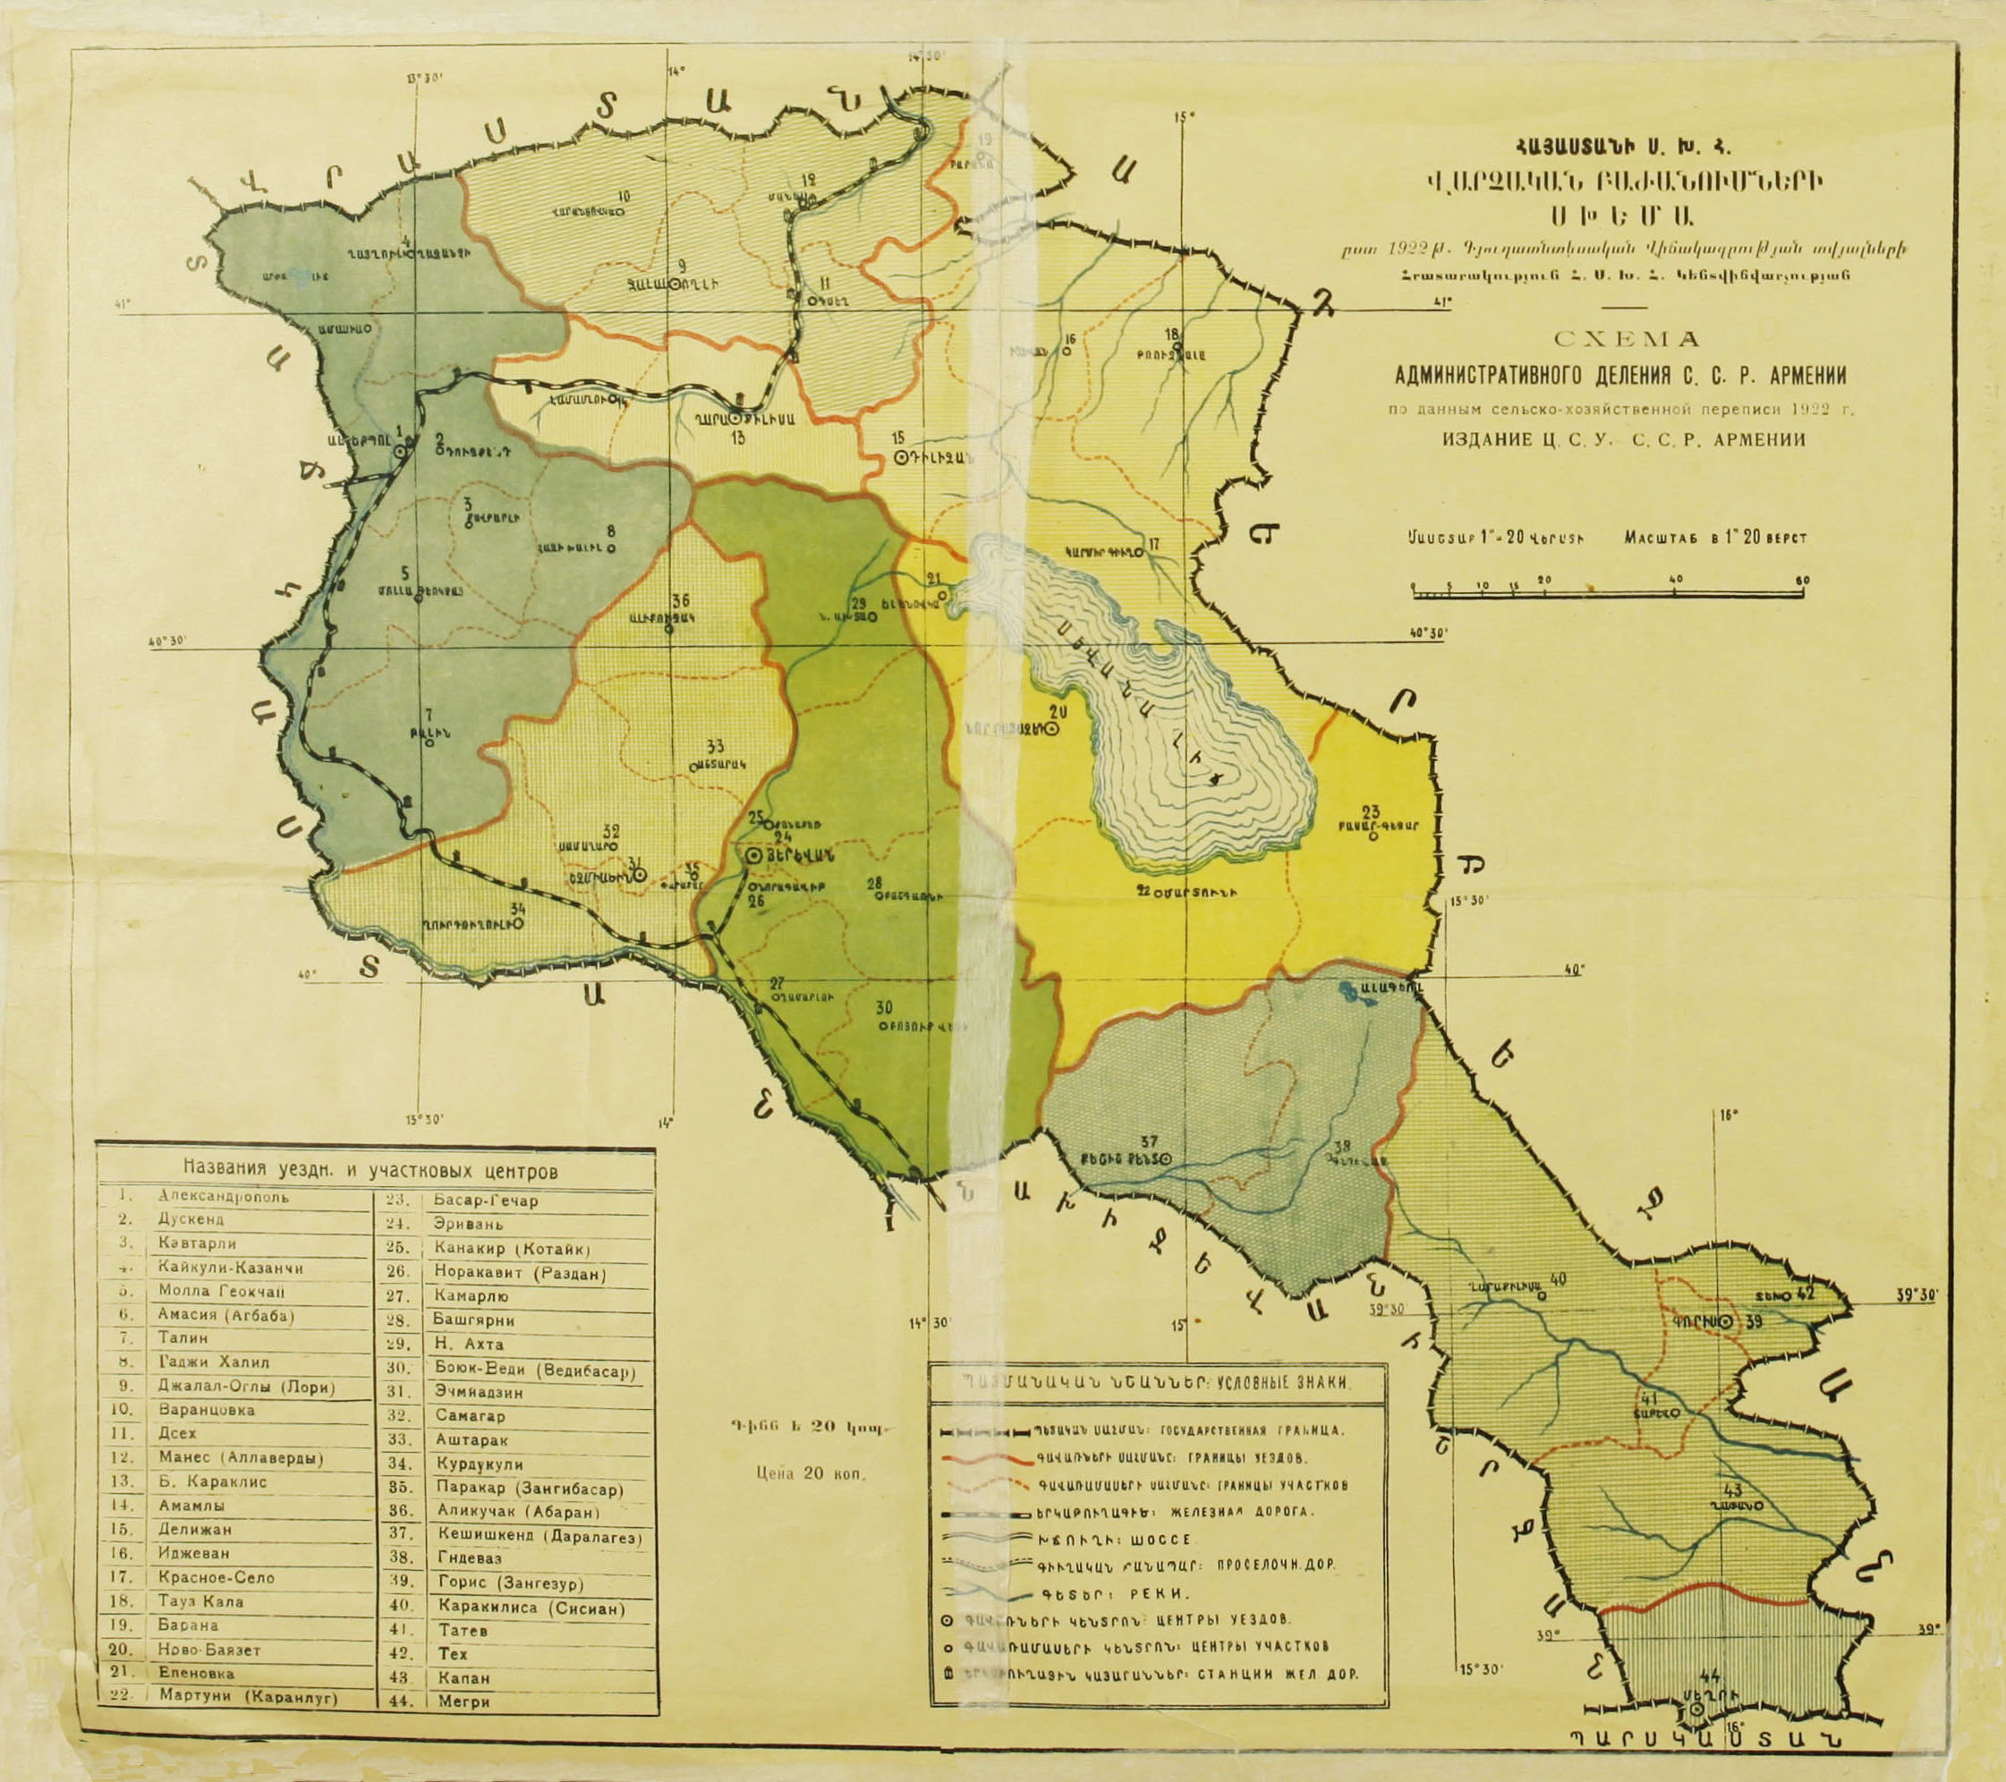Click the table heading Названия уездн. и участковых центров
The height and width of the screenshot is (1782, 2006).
point(370,1171)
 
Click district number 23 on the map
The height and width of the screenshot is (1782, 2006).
point(1371,811)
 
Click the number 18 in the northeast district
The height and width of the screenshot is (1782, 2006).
point(1169,333)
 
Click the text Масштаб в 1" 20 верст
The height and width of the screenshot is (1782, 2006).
point(1714,538)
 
